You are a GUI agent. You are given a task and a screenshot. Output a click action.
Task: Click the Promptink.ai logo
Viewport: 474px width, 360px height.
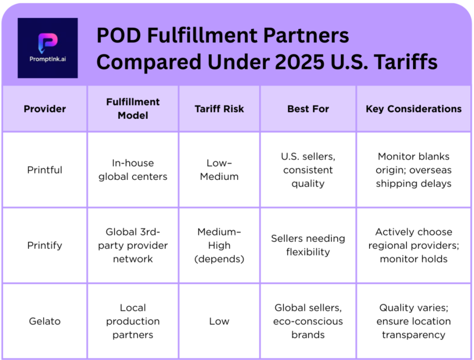(x=48, y=48)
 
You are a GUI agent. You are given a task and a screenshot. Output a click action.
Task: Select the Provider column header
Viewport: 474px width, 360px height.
(x=45, y=109)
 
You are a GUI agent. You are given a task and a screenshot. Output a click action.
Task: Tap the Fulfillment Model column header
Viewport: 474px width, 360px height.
(x=132, y=109)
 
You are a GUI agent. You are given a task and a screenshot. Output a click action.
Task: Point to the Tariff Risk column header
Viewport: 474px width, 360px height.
(x=219, y=109)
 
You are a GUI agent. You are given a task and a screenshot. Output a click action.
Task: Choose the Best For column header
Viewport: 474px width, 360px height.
(x=308, y=109)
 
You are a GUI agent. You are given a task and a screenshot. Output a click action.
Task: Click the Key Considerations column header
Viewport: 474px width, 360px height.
(x=413, y=109)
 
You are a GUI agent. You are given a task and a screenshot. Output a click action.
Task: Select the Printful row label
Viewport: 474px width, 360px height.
(x=45, y=170)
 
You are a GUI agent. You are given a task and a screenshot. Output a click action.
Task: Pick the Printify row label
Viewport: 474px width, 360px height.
(x=45, y=245)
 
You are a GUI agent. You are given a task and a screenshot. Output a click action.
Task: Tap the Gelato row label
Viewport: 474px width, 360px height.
(x=45, y=321)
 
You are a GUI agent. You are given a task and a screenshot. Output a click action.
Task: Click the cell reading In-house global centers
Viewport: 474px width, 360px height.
(x=132, y=170)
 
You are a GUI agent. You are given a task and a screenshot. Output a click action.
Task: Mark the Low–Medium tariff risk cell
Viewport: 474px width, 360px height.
(x=219, y=170)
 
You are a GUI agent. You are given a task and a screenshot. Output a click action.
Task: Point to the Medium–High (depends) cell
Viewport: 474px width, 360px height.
(x=219, y=245)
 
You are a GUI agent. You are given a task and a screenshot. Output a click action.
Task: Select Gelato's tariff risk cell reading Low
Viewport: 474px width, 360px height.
(x=219, y=321)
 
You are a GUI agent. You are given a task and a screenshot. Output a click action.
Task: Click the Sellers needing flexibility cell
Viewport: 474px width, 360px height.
(x=308, y=245)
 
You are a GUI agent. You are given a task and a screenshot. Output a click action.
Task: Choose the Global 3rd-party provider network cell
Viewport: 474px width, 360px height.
(x=132, y=245)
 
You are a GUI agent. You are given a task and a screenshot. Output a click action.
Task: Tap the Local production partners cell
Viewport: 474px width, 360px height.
(x=132, y=321)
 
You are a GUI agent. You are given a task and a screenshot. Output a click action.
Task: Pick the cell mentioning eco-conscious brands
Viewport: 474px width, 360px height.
(x=308, y=321)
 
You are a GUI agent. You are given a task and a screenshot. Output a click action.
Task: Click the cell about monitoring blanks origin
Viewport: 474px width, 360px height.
(x=413, y=170)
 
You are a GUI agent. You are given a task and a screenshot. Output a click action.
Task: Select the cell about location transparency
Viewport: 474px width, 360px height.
(x=413, y=321)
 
